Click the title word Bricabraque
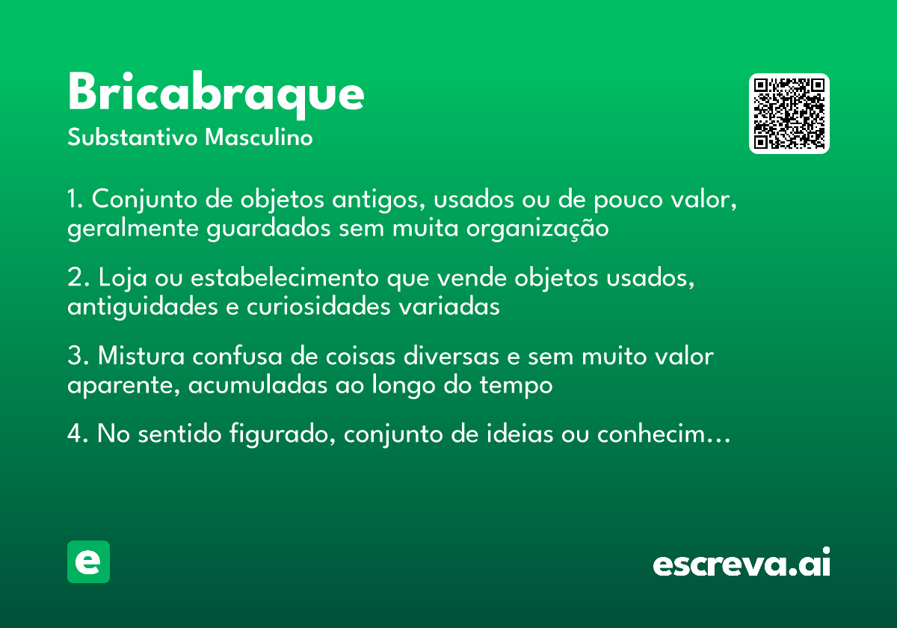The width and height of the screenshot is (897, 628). [x=216, y=94]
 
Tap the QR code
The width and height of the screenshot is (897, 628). [x=789, y=114]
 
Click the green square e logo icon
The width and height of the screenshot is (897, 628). [x=88, y=561]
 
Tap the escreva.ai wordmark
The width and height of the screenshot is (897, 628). [x=742, y=564]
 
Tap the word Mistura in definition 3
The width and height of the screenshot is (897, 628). [x=141, y=356]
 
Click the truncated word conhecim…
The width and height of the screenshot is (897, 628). [x=662, y=434]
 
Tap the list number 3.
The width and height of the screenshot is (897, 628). [x=75, y=356]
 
